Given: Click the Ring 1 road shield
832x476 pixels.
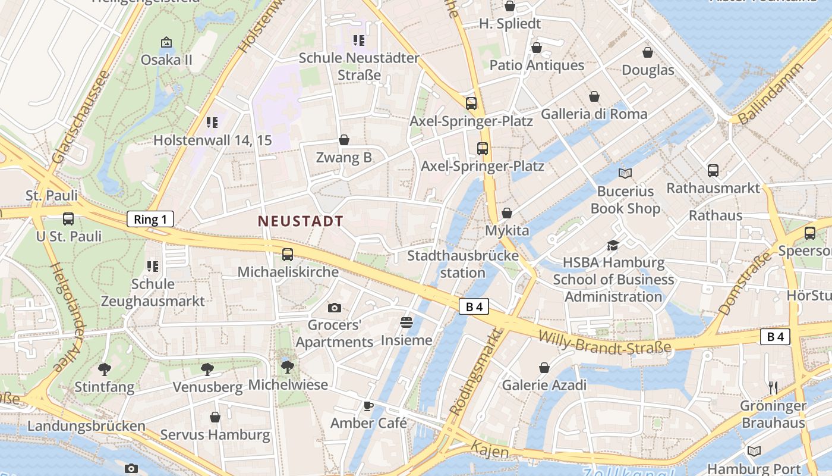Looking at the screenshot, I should (150, 220).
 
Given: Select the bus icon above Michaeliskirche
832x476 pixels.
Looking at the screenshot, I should (288, 255).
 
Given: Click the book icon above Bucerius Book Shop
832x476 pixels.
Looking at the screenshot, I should (625, 173).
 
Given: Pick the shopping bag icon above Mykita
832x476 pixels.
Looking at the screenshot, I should (507, 213).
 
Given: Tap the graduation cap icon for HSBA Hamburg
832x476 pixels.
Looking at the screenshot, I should (613, 245).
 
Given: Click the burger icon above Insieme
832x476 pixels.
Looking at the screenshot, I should (406, 322).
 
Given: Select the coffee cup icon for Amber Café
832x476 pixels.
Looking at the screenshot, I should (368, 406).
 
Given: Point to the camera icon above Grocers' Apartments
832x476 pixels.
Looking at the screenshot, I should (335, 308).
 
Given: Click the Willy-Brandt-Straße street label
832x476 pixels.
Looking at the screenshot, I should (604, 342).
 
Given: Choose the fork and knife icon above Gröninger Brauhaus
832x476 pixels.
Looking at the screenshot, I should (773, 388).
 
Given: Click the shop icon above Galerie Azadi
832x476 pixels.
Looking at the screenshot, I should (544, 368).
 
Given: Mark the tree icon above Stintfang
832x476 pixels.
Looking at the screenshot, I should (105, 369).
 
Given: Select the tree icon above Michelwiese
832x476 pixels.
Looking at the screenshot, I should (288, 367).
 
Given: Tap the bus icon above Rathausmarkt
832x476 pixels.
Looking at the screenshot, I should (713, 171).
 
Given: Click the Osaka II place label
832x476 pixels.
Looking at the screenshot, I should (166, 60).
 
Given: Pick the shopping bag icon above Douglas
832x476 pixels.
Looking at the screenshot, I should (648, 52).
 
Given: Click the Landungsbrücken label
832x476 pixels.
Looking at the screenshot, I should (86, 426).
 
